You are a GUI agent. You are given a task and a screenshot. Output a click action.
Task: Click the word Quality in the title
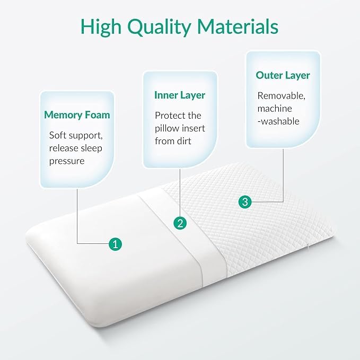(x=160, y=28)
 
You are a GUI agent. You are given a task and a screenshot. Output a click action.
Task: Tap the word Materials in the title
(x=238, y=26)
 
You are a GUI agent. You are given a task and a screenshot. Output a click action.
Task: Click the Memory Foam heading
(x=77, y=115)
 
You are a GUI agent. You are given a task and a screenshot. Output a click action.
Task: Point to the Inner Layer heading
(x=180, y=95)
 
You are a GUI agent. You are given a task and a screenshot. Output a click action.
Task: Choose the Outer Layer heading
(x=283, y=75)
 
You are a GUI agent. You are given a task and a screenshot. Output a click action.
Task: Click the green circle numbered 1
(x=115, y=243)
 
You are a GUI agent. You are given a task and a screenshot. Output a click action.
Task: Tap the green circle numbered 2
(x=180, y=223)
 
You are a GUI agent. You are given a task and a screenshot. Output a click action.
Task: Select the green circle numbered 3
(x=245, y=202)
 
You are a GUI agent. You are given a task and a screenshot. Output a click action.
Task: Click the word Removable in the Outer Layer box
(x=281, y=96)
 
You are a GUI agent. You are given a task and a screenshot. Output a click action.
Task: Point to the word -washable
(x=278, y=121)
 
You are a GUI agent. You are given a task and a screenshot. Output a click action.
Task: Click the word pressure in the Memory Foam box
(x=67, y=161)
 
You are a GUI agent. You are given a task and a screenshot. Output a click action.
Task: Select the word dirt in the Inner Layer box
(x=182, y=141)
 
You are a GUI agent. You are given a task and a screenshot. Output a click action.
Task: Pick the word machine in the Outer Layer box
(x=275, y=108)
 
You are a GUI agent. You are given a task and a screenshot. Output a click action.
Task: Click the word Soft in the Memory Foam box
(x=58, y=135)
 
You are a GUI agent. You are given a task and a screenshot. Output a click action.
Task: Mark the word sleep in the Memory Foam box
(x=91, y=148)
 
